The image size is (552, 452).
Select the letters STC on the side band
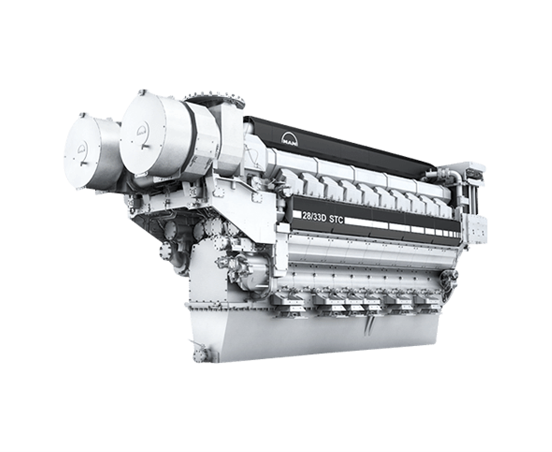pyautogui.click(x=336, y=219)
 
